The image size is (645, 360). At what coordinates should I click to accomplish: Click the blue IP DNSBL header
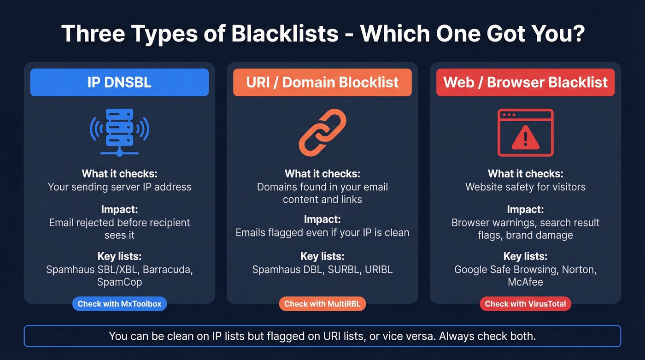119,83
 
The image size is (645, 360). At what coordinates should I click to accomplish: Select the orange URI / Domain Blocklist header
322,83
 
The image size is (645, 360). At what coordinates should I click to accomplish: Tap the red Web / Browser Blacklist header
525,83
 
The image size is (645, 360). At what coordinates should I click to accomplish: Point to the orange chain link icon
322,132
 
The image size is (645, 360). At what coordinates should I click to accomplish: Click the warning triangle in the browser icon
525,137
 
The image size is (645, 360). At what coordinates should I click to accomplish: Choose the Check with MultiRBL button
322,304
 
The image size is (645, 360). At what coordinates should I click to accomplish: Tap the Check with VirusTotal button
525,304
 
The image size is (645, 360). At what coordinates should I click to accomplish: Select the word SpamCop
119,282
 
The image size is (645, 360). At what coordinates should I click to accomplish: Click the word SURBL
344,270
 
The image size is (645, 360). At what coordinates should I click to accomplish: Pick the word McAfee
525,282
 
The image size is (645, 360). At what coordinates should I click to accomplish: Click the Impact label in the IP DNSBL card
119,210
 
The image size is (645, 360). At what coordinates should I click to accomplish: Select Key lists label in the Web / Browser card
525,257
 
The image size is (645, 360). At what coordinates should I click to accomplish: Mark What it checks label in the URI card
322,174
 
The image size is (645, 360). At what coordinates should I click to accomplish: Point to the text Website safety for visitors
525,187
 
